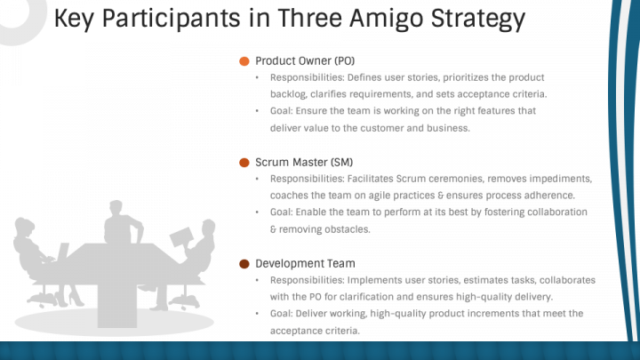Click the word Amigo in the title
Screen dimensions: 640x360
coord(386,20)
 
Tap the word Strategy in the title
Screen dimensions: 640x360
coord(478,20)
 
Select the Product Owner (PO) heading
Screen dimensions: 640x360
coord(305,60)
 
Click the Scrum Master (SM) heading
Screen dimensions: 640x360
coord(304,162)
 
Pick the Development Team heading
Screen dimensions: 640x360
coord(305,263)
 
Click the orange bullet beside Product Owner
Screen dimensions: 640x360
coord(244,61)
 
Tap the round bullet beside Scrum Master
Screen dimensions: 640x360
coord(244,163)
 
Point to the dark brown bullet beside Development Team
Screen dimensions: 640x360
coord(244,264)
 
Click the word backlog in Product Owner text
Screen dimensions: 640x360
coord(288,94)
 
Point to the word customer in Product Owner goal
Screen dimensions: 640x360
coord(381,128)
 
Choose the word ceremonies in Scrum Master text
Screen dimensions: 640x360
coord(456,179)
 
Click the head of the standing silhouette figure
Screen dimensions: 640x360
coord(116,208)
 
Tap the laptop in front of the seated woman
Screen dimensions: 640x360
coord(62,252)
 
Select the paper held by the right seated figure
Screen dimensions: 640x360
coord(181,237)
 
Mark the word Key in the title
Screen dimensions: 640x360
coord(74,20)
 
